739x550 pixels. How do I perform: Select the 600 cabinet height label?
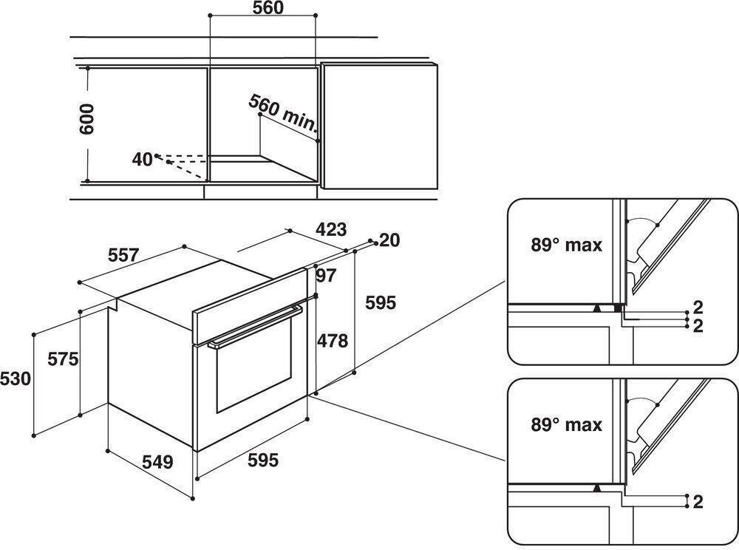click(x=88, y=118)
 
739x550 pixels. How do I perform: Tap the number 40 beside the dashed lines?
click(x=142, y=158)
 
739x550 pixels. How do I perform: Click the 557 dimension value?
click(x=123, y=256)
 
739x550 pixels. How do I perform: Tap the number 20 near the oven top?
click(x=389, y=240)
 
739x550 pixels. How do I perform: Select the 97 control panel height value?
click(x=326, y=276)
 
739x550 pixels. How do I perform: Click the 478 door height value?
click(x=333, y=340)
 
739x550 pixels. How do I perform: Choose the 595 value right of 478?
click(x=381, y=302)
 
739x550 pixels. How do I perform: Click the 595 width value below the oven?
click(x=263, y=461)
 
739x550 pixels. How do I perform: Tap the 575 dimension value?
click(x=63, y=360)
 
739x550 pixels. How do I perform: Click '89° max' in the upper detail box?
click(x=567, y=245)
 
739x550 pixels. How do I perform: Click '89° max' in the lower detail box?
click(x=567, y=425)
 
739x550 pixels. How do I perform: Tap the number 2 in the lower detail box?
click(x=698, y=502)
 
